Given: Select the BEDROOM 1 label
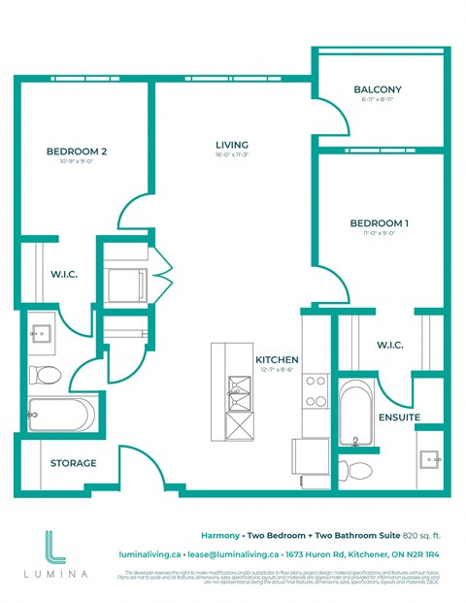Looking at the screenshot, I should pos(379,223).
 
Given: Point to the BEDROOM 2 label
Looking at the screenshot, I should pos(76,151).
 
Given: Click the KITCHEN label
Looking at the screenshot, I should pos(277,359).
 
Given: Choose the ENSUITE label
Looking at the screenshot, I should pos(400,417).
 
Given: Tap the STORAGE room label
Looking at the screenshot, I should pos(74,463).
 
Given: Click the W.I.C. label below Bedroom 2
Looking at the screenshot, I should pos(64,274).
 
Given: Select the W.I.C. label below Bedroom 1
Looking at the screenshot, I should pos(389,346).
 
